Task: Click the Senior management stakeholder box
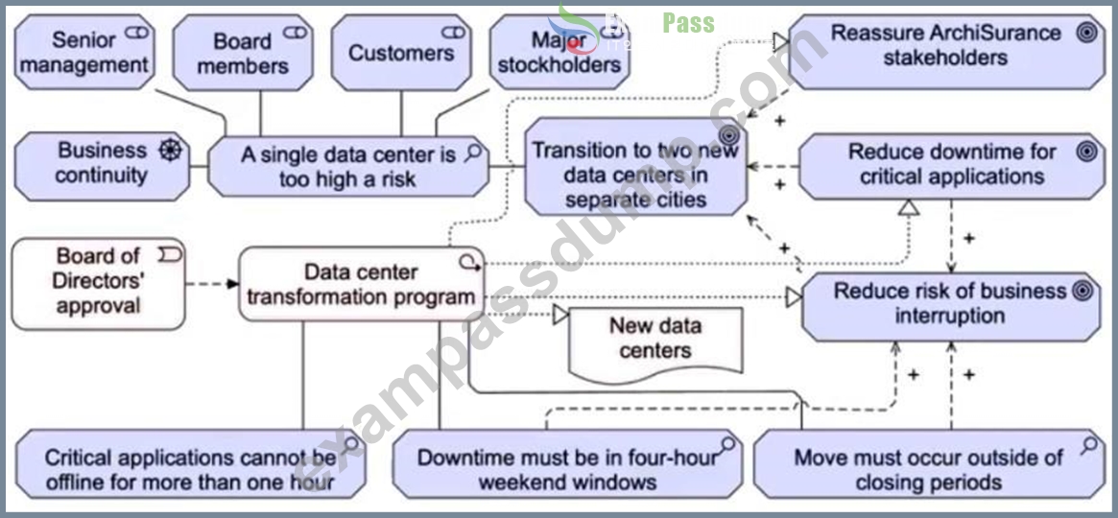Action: point(84,52)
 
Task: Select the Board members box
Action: point(243,53)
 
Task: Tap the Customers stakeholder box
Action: point(401,53)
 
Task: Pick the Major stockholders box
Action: point(559,53)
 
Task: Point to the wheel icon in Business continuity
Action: point(170,151)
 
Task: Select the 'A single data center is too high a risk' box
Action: point(348,166)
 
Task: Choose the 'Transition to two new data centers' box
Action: point(636,167)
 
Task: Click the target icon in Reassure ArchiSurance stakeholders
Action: point(1086,33)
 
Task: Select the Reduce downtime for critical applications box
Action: point(952,165)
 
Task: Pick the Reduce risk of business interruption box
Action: point(951,306)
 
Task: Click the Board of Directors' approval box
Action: point(99,284)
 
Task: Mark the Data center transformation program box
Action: point(362,284)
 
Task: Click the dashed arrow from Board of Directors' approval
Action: point(212,284)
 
